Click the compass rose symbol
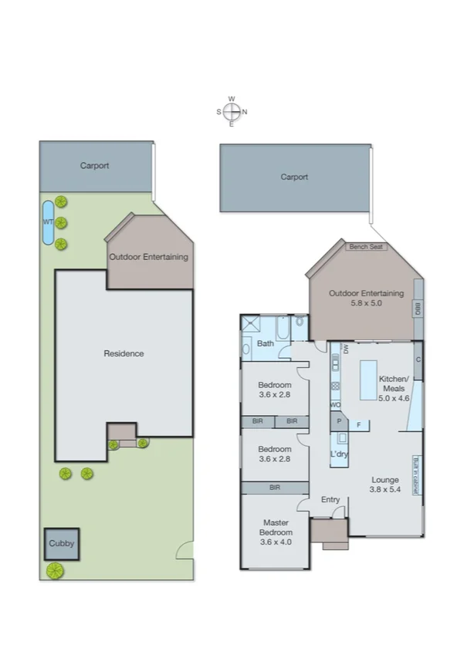(x=232, y=111)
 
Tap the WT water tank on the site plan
(x=48, y=222)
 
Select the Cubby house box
(x=61, y=543)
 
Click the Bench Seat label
(x=366, y=247)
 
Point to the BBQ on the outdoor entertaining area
(x=418, y=309)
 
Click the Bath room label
(x=266, y=343)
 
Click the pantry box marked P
(x=338, y=422)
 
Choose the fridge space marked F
(x=358, y=424)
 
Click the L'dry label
(x=340, y=454)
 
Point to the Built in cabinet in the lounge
(x=417, y=475)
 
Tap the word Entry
(x=330, y=500)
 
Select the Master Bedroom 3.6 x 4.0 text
(x=276, y=532)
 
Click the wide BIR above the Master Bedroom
(x=275, y=488)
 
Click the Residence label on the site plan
(x=124, y=353)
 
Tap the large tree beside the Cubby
(x=54, y=571)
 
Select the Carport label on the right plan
(x=294, y=177)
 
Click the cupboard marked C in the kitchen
(x=418, y=360)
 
